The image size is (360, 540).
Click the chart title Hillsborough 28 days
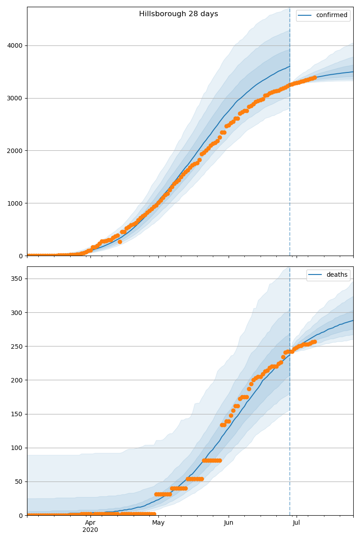tap(178, 14)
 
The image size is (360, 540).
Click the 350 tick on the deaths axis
tap(17, 279)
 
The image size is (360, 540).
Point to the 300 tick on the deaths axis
tap(17, 313)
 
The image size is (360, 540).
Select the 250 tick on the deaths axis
tap(17, 346)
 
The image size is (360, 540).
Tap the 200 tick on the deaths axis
tap(17, 380)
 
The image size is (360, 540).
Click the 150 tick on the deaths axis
tap(17, 414)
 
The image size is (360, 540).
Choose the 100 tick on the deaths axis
tap(17, 448)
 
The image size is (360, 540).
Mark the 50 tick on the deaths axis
tap(19, 481)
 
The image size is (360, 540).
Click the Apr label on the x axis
tap(90, 523)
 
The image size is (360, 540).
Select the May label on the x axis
tap(158, 523)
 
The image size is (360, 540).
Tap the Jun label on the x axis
tap(229, 523)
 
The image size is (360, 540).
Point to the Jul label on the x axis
tap(297, 523)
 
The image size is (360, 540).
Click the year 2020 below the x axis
tap(90, 530)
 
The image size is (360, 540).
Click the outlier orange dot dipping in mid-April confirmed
tap(120, 242)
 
